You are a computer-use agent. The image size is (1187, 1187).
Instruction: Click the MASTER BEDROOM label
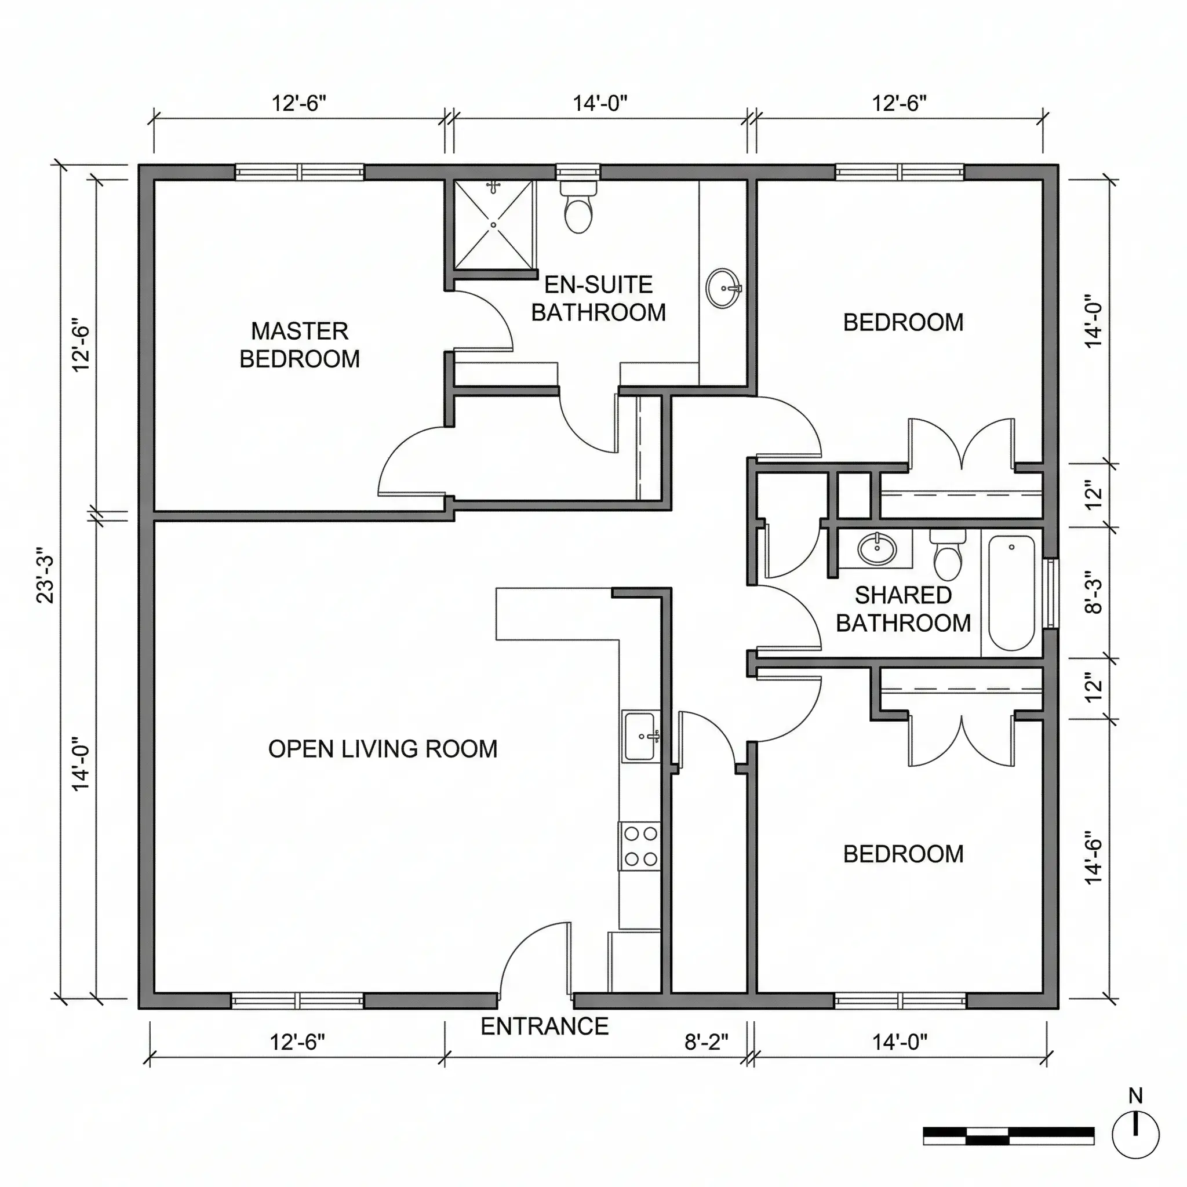pos(300,345)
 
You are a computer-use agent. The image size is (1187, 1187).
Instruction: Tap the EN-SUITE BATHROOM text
pos(598,298)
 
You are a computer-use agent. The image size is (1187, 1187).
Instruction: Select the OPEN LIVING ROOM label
pos(383,749)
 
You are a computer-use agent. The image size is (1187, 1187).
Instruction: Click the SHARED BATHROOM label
pos(903,609)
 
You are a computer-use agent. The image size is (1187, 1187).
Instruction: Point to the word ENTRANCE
pos(544,1026)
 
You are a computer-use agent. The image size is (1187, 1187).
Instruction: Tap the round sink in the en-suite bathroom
pos(723,288)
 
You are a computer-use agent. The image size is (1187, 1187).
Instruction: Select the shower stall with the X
pos(493,225)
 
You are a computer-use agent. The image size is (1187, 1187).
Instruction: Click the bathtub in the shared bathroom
pos(1012,593)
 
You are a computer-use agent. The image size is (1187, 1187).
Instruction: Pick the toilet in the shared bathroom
pos(948,555)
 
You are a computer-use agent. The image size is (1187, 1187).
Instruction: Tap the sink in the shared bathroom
pos(877,549)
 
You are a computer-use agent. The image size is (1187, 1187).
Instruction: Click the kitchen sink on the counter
pos(641,736)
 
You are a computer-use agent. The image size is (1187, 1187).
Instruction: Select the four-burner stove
pos(640,846)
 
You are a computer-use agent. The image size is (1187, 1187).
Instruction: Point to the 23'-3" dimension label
pos(46,576)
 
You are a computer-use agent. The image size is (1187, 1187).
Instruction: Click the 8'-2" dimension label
pos(707,1042)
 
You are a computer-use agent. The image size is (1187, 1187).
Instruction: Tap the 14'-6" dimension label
pos(1094,858)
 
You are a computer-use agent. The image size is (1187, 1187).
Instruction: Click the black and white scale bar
pos(1009,1136)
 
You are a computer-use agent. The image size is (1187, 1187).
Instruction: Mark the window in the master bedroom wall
pos(299,172)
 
